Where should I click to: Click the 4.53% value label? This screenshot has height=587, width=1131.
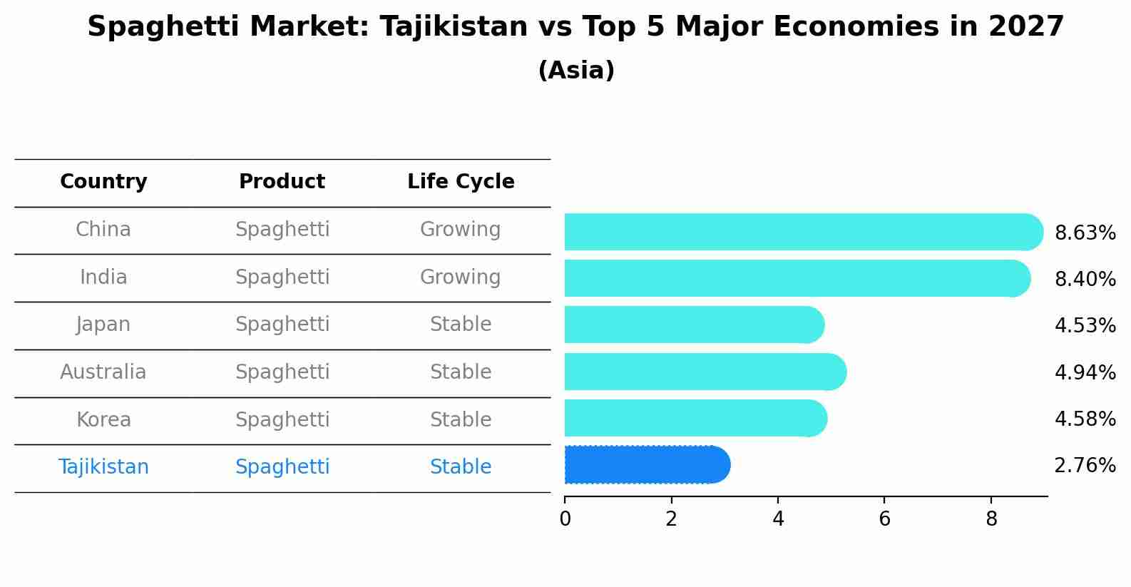click(1085, 326)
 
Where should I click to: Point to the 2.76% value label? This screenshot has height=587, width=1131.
click(1085, 466)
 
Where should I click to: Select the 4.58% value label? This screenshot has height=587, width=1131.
click(1085, 419)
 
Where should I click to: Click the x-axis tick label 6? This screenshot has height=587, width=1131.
click(884, 519)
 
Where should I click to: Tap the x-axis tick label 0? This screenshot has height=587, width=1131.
click(565, 519)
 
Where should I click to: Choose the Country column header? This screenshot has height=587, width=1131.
click(103, 182)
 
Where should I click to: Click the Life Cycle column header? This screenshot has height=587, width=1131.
click(461, 182)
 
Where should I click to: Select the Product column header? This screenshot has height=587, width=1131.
click(282, 182)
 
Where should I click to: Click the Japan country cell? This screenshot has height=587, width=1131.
click(103, 325)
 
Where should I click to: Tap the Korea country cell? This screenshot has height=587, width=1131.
click(103, 420)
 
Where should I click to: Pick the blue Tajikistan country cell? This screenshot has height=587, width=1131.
click(103, 467)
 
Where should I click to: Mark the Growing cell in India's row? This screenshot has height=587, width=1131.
click(460, 277)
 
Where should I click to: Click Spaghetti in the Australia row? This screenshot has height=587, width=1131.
click(282, 372)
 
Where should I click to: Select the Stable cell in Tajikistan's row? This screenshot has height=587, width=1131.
click(460, 467)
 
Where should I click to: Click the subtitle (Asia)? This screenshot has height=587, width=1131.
click(576, 71)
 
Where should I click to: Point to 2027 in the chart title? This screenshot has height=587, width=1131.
click(1026, 27)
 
